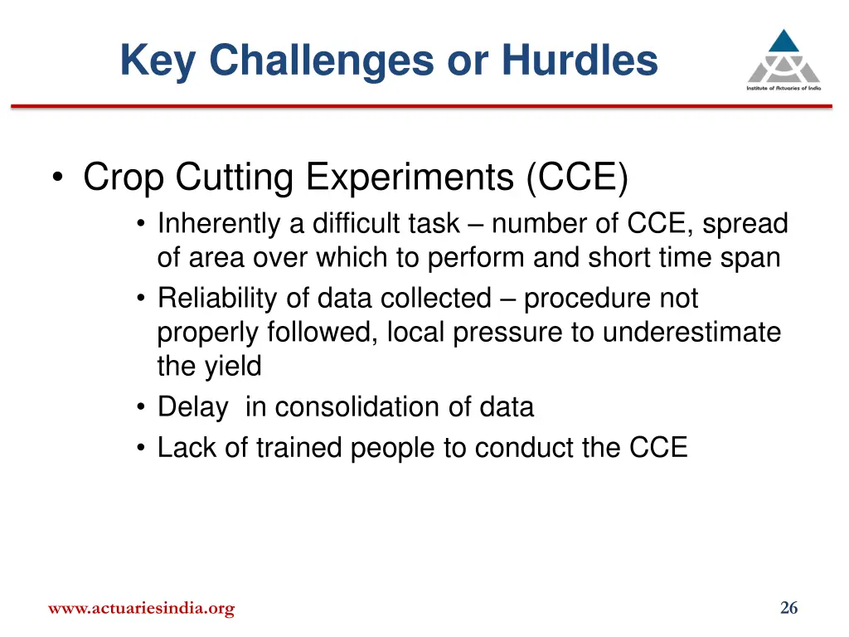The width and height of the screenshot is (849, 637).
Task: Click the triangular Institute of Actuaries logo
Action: pos(783,56)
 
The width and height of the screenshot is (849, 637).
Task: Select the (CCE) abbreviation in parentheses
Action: pos(576,177)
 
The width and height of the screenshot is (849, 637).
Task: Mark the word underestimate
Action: pos(691,333)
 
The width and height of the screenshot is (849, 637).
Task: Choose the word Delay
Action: pos(192,407)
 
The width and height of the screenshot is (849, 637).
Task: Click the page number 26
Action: pos(788,608)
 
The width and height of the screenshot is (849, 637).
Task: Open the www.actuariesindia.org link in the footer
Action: pos(141,609)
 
